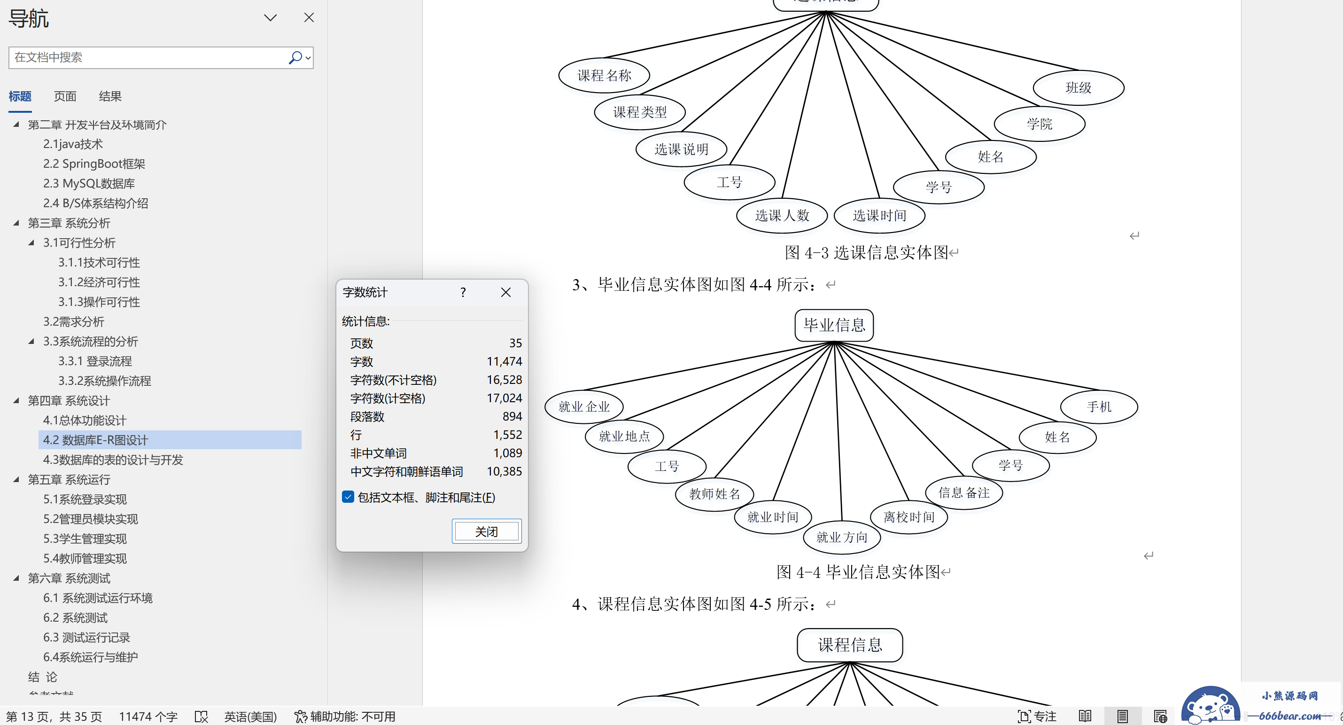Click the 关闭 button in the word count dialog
coord(486,531)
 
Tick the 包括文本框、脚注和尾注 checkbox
coord(348,497)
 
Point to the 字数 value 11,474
coord(504,361)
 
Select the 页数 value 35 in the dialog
coord(516,343)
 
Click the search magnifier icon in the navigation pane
coord(295,57)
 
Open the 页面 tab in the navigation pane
coord(65,96)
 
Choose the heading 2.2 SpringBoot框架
coord(94,164)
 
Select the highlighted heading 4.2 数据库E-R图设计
coord(95,440)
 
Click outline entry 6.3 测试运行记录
coord(86,638)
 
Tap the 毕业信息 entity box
coord(834,326)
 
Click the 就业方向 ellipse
coord(841,537)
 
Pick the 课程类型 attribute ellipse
coord(640,112)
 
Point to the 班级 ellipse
coord(1078,87)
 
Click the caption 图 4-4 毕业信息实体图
coord(858,572)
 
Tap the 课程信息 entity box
coord(850,645)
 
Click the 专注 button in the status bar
coord(1037,717)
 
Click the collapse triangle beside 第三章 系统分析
coord(16,223)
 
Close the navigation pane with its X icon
coord(309,18)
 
